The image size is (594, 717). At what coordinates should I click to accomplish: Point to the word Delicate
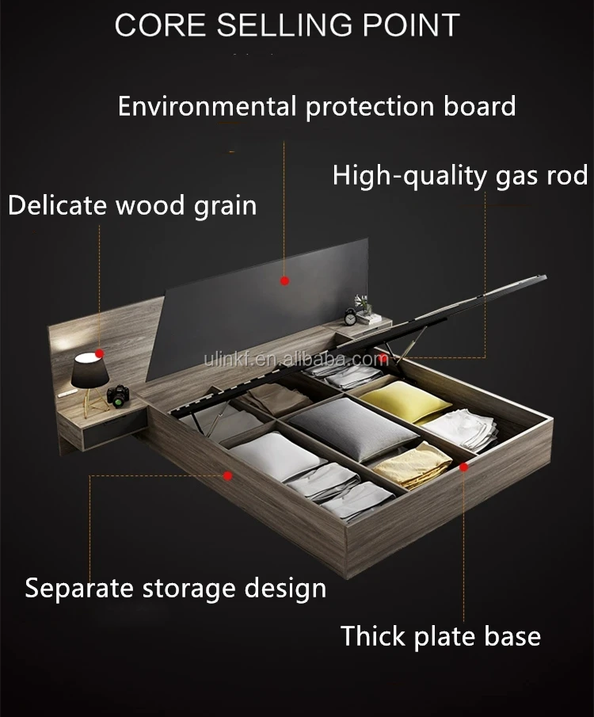click(58, 206)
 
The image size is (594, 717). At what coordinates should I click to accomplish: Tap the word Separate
click(81, 589)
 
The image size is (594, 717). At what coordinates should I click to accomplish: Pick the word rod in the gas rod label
click(563, 175)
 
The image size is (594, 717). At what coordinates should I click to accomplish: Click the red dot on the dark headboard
click(285, 280)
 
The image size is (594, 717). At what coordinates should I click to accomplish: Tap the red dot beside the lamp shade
click(100, 353)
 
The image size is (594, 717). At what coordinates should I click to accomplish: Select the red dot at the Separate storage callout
click(228, 475)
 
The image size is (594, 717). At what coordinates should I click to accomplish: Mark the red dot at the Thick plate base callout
click(464, 467)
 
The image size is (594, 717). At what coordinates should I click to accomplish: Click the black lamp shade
click(88, 370)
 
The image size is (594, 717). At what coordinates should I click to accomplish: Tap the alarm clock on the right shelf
click(350, 316)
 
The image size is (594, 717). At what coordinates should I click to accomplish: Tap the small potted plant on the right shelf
click(363, 305)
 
